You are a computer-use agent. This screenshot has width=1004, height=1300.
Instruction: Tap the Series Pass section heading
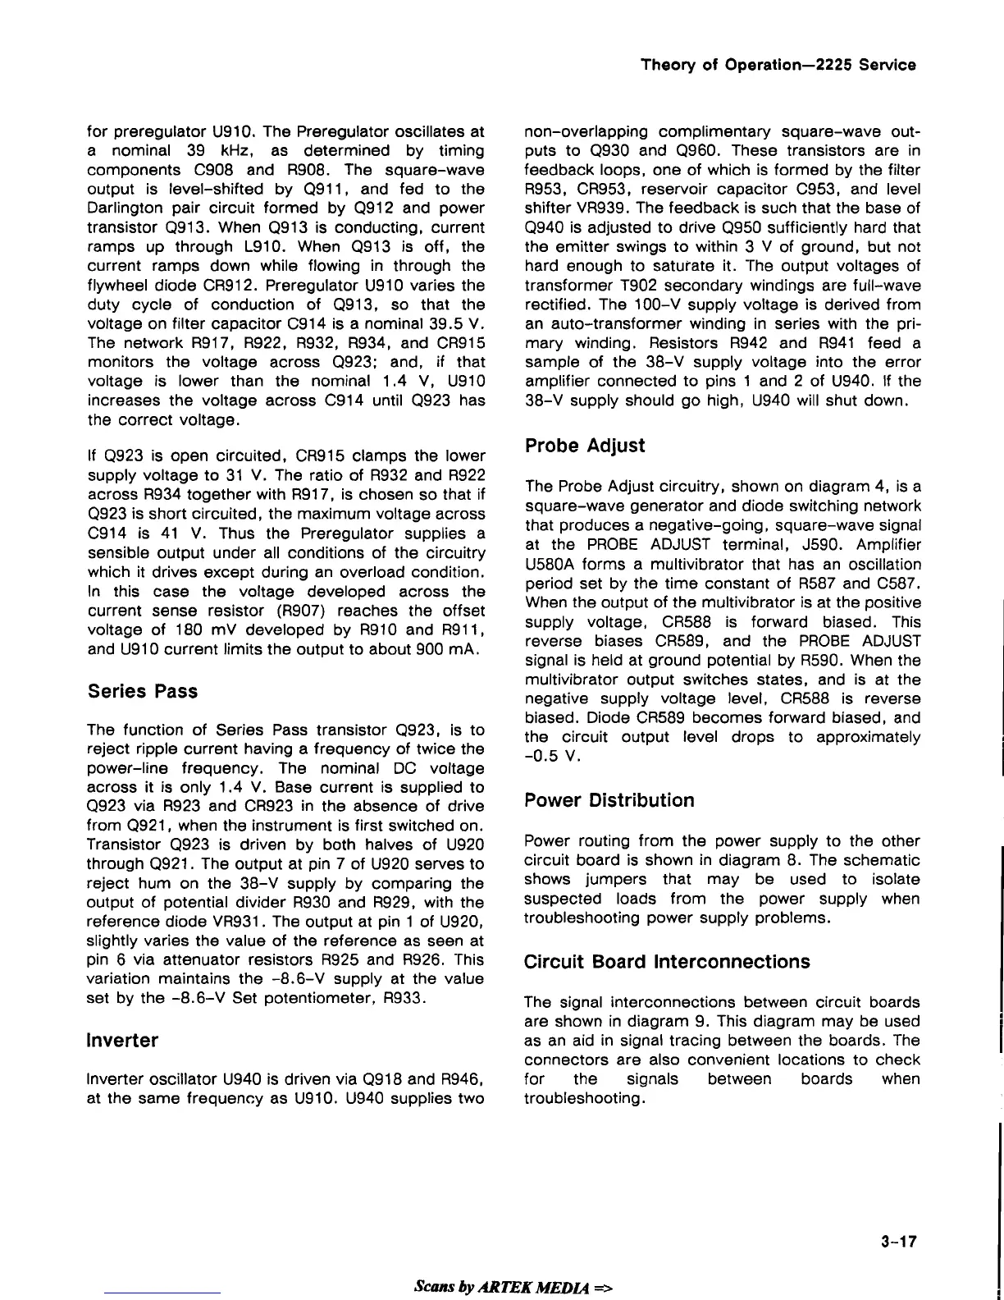point(142,691)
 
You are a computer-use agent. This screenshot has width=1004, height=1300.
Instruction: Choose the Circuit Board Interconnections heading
point(666,961)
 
